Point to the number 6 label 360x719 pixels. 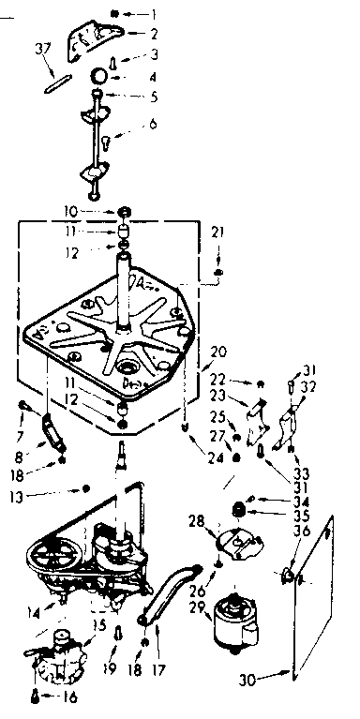(152, 123)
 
